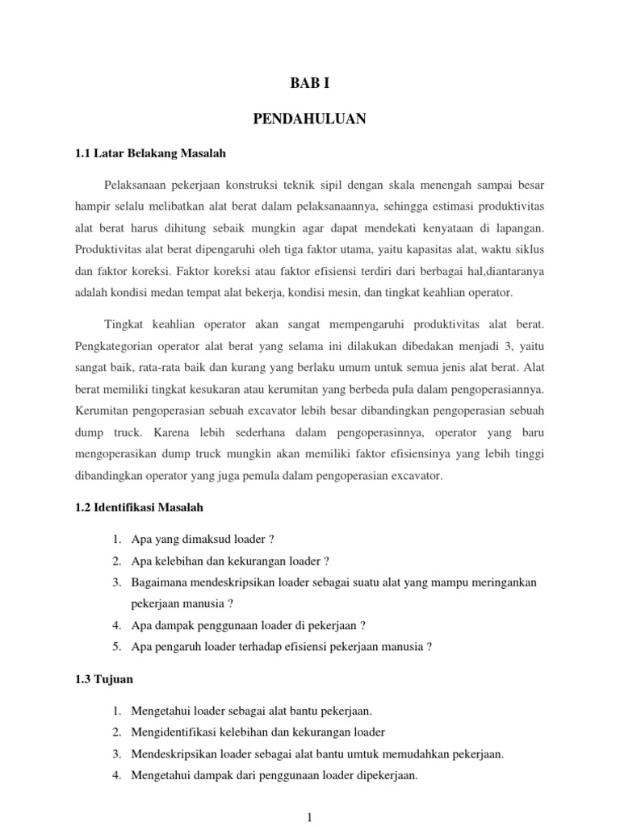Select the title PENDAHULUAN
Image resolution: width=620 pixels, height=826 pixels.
309,119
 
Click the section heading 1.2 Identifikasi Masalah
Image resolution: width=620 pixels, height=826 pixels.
138,507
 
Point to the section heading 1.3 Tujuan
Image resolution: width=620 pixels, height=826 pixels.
103,679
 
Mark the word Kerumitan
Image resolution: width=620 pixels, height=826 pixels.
101,412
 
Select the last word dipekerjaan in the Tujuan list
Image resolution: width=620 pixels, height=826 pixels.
386,775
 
